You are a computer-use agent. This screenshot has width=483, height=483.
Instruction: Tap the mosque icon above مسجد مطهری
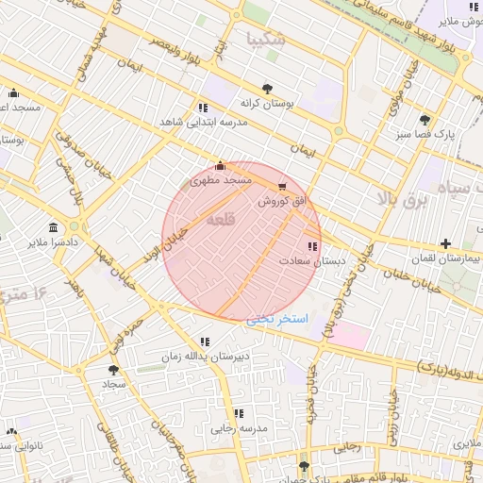(x=221, y=163)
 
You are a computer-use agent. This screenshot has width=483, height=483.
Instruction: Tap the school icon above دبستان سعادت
(x=312, y=246)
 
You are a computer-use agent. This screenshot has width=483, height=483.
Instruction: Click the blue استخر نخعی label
(x=277, y=320)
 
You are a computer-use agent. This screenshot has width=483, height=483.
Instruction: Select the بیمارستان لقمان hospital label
(x=446, y=258)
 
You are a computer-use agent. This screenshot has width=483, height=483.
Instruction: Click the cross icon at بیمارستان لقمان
(x=445, y=244)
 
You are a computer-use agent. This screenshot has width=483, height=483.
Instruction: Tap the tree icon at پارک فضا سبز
(x=425, y=120)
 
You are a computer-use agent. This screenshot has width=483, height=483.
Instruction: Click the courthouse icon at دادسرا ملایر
(x=52, y=228)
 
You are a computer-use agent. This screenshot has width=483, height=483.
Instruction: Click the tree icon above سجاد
(x=114, y=371)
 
